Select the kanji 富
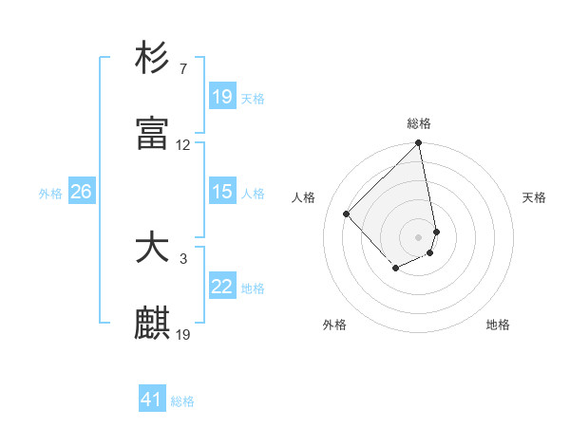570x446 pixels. (x=153, y=134)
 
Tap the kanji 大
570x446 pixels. (x=153, y=248)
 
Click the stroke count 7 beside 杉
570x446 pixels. (x=182, y=69)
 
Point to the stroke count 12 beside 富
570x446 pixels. (x=183, y=145)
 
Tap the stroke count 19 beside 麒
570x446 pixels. (x=183, y=335)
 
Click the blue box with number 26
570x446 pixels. (x=81, y=192)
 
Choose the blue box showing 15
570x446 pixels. (x=222, y=192)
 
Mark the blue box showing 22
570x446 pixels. (x=222, y=287)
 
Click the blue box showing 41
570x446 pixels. (x=152, y=400)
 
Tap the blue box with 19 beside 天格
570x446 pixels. (x=222, y=97)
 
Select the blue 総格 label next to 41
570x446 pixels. (x=182, y=401)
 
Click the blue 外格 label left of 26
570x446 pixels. (x=50, y=193)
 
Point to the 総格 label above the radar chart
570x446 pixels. (x=419, y=123)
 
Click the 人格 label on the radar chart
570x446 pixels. (x=305, y=197)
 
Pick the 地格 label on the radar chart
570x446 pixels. (x=498, y=325)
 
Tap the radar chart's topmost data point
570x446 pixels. (x=419, y=144)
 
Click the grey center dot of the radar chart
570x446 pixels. (x=419, y=235)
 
